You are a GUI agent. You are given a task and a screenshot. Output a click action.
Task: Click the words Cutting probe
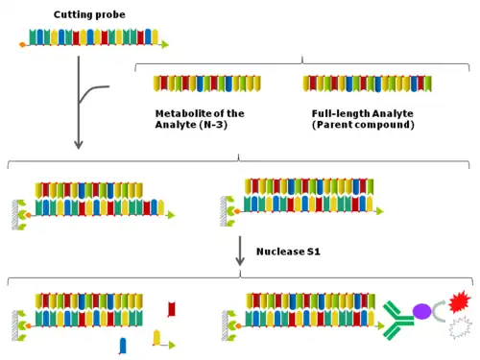(89, 14)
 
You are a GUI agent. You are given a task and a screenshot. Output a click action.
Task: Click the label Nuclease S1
(288, 252)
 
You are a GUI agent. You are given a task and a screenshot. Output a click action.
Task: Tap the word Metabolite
(182, 113)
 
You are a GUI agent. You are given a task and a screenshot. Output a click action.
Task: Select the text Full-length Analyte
(363, 113)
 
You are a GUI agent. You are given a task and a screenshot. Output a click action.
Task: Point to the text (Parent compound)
(363, 125)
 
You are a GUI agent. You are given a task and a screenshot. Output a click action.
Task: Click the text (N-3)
(213, 125)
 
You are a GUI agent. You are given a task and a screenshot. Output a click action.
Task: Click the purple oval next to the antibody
(421, 311)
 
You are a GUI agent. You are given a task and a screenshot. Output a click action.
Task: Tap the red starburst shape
(460, 301)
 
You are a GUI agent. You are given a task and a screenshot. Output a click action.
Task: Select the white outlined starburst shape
(461, 327)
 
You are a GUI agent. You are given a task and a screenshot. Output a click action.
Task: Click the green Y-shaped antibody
(396, 320)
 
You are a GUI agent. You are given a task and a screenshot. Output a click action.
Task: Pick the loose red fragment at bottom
(172, 309)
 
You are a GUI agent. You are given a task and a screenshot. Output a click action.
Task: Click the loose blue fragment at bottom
(123, 346)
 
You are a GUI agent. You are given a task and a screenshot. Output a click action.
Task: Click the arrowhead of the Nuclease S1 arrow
(240, 261)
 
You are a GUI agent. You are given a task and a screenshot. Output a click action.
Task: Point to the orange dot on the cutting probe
(22, 45)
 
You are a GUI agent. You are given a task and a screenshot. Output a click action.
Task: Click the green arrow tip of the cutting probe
(165, 44)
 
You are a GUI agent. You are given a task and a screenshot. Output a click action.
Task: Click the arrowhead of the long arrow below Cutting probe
(79, 144)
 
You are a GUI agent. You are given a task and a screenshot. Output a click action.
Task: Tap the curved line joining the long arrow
(90, 91)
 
